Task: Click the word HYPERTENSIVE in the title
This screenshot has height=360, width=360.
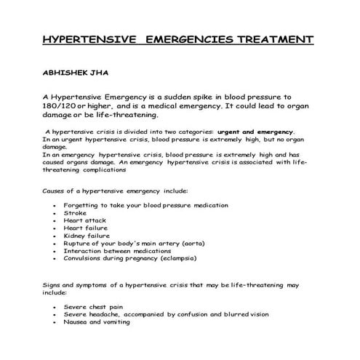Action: pyautogui.click(x=89, y=39)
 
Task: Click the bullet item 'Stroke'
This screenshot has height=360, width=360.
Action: pyautogui.click(x=75, y=213)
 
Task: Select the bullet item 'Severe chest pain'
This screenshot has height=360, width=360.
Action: pyautogui.click(x=95, y=307)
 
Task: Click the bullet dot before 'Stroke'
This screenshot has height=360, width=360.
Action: pyautogui.click(x=55, y=214)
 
